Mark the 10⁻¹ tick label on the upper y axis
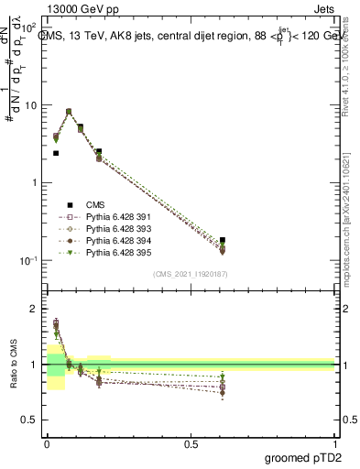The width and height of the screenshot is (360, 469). (30, 261)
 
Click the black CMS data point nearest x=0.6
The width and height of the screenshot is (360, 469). (223, 240)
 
